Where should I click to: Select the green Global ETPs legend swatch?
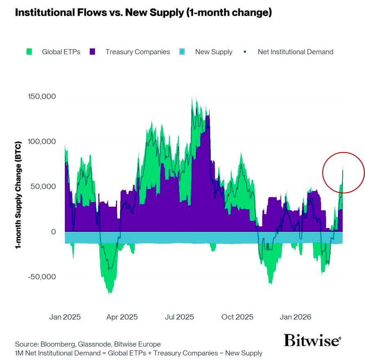pyautogui.click(x=29, y=52)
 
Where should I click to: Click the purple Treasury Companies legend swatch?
pyautogui.click(x=92, y=52)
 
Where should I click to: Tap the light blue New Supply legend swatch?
pyautogui.click(x=182, y=52)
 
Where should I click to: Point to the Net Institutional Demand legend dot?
pyautogui.click(x=245, y=52)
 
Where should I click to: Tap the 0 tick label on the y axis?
pyautogui.click(x=53, y=231)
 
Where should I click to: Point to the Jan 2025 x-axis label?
pyautogui.click(x=65, y=317)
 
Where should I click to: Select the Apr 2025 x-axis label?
pyautogui.click(x=122, y=317)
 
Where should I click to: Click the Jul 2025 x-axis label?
pyautogui.click(x=179, y=317)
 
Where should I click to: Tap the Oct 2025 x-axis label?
pyautogui.click(x=237, y=317)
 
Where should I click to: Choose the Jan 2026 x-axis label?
pyautogui.click(x=296, y=317)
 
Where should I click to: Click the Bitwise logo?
pyautogui.click(x=312, y=340)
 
